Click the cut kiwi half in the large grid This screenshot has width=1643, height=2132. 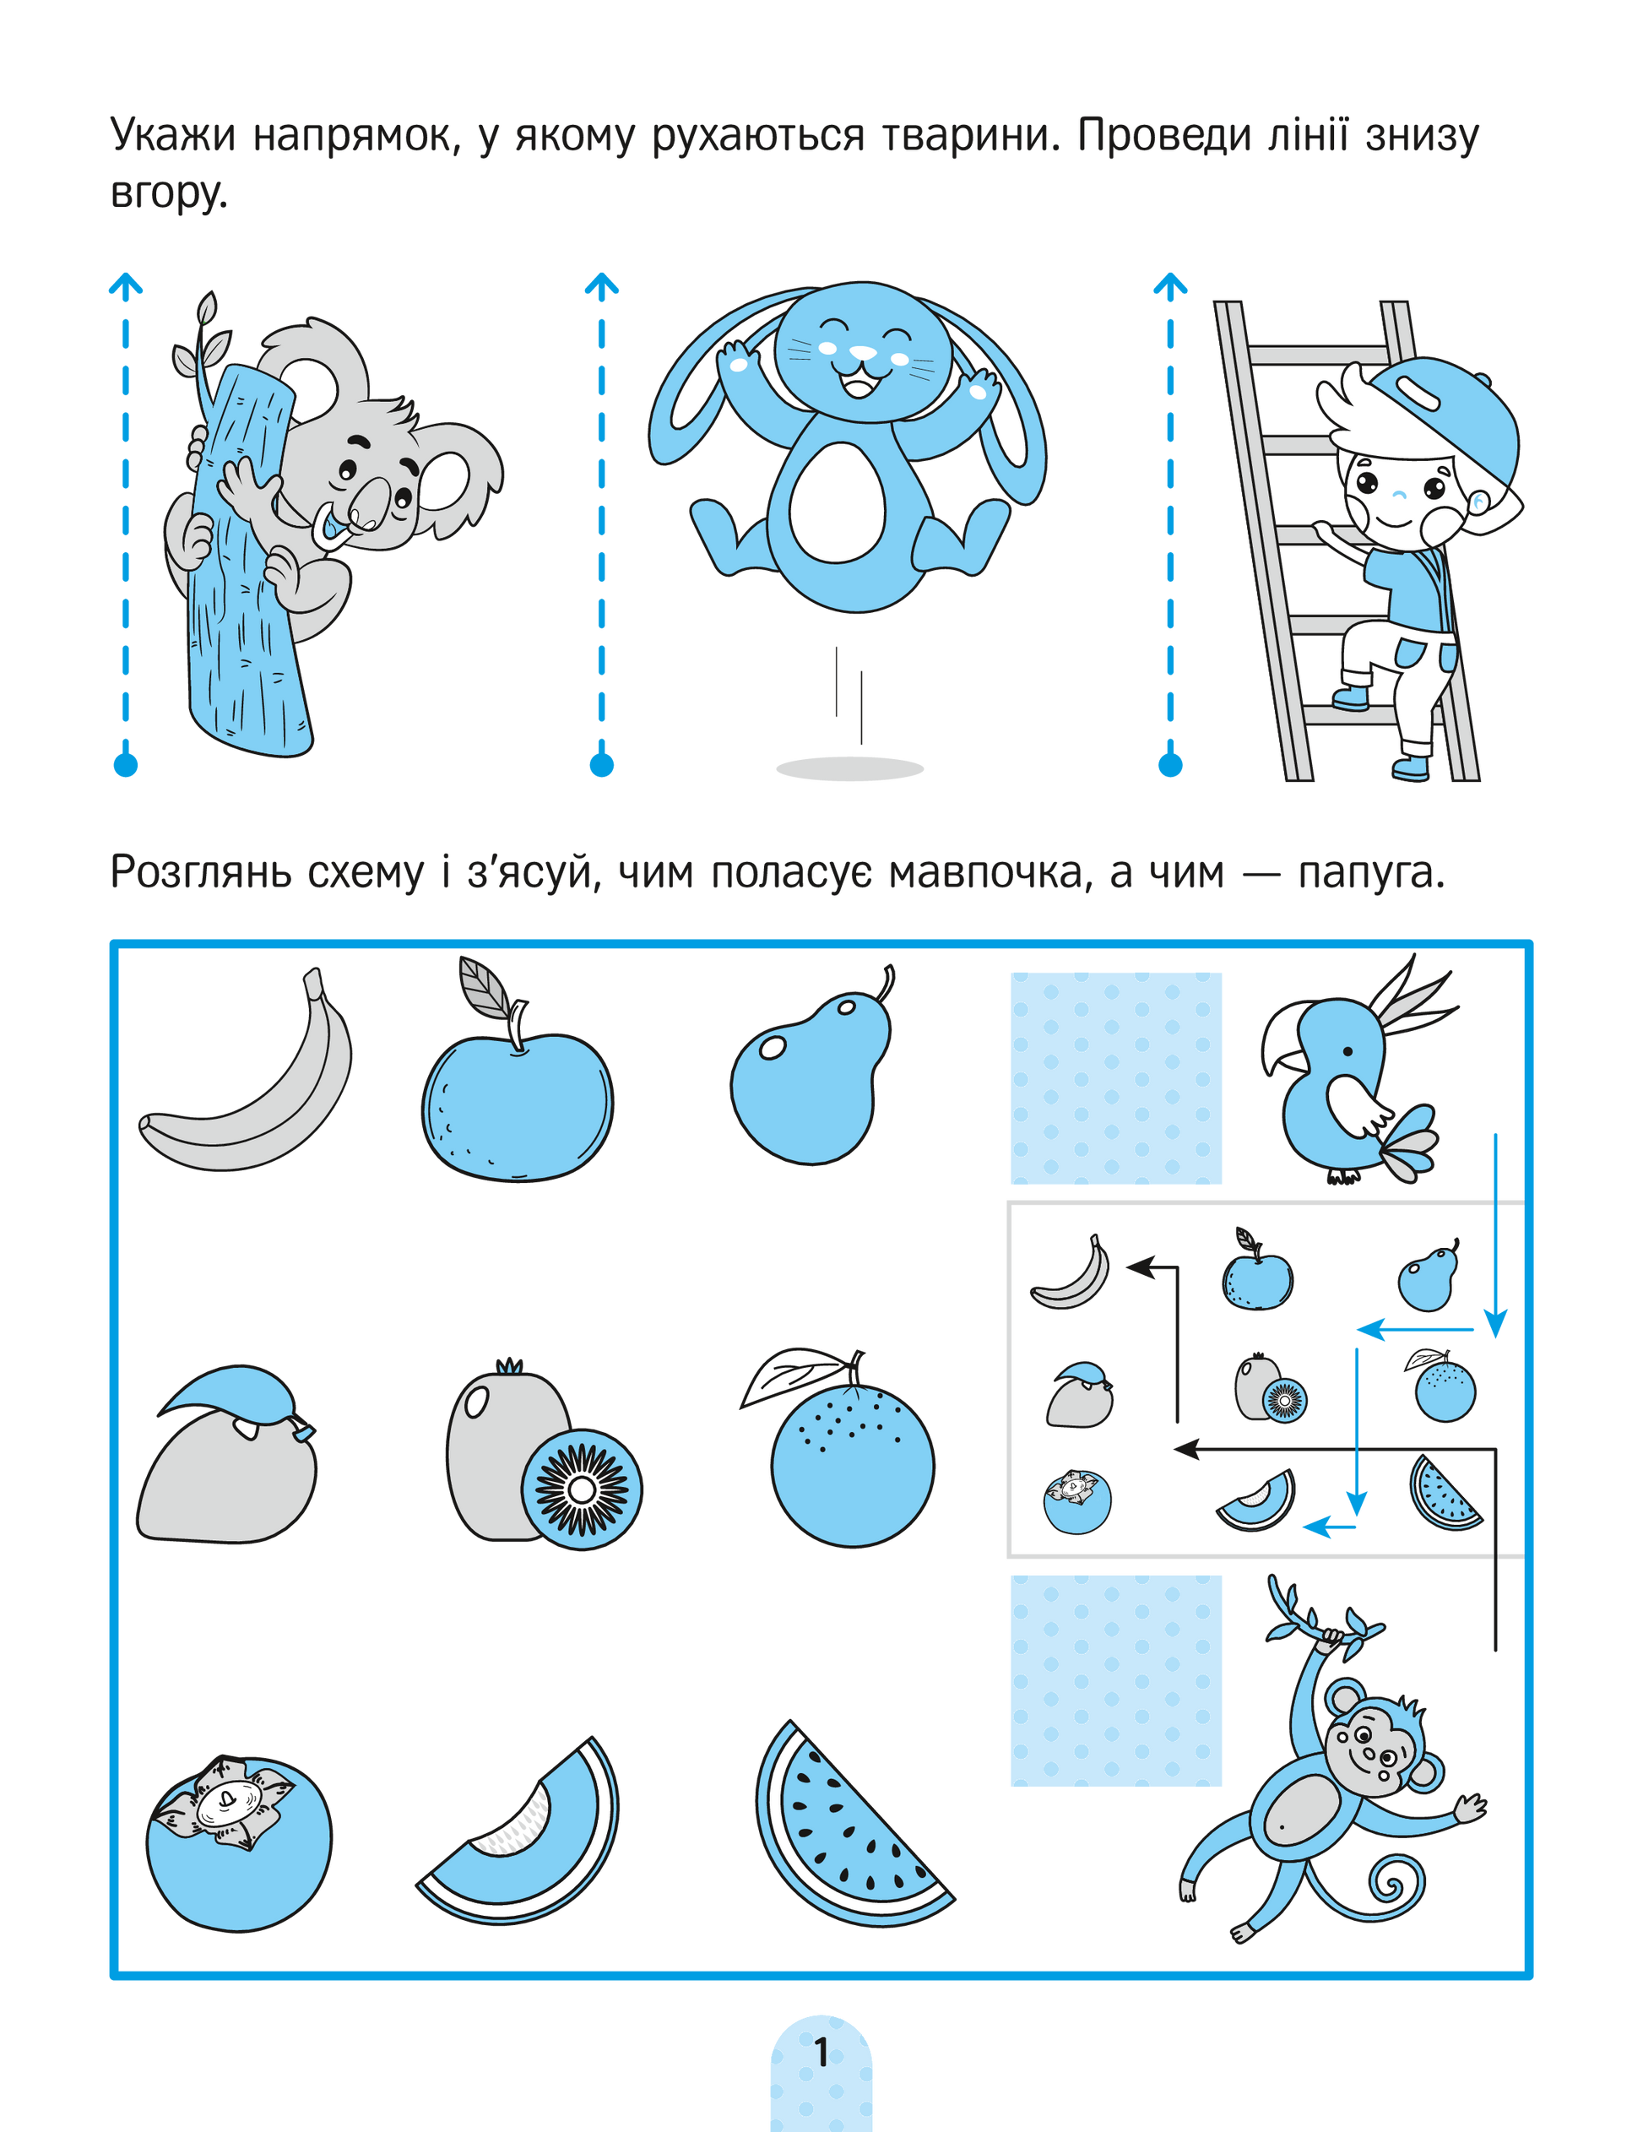(582, 1489)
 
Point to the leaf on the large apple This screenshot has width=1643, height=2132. (486, 987)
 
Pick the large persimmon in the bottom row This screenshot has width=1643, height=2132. (239, 1844)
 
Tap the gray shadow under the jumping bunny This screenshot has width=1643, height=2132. (849, 769)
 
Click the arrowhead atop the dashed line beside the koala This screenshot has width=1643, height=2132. (125, 285)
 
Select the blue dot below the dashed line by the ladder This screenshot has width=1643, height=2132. (1169, 764)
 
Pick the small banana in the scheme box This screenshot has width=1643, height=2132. (1071, 1272)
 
